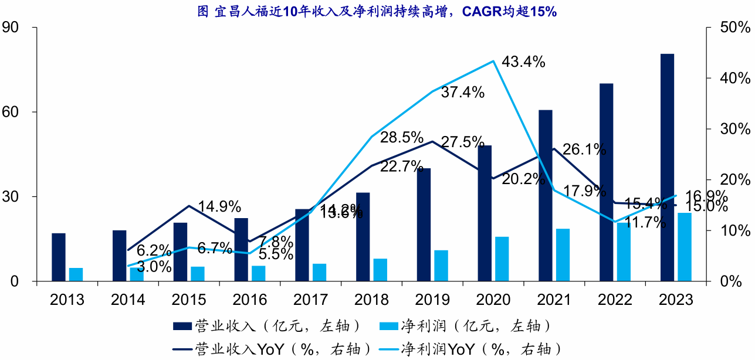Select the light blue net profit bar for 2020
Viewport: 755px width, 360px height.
(502, 259)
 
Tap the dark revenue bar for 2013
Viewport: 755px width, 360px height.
(59, 257)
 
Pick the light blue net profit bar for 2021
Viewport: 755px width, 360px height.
(563, 255)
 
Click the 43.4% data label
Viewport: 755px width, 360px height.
(524, 62)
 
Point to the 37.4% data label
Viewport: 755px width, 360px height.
(463, 92)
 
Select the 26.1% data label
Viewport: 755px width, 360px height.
(584, 150)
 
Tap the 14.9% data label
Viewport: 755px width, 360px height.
(219, 206)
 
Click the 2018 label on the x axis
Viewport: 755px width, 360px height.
(372, 300)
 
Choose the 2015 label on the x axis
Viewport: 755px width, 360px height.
(189, 300)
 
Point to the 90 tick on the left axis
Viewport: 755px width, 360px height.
(11, 28)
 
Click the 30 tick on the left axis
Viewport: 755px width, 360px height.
(11, 197)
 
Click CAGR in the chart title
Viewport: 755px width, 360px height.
(481, 11)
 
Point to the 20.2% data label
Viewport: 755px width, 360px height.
(524, 180)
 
